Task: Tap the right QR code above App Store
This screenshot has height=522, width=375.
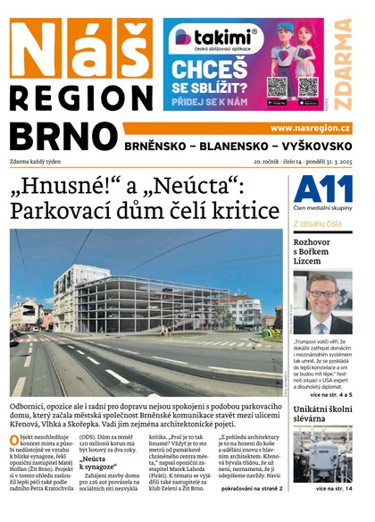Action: [x=308, y=86]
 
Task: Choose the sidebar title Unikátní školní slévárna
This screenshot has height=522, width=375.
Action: [x=324, y=414]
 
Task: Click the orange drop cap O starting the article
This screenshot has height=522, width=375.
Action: [x=14, y=441]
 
